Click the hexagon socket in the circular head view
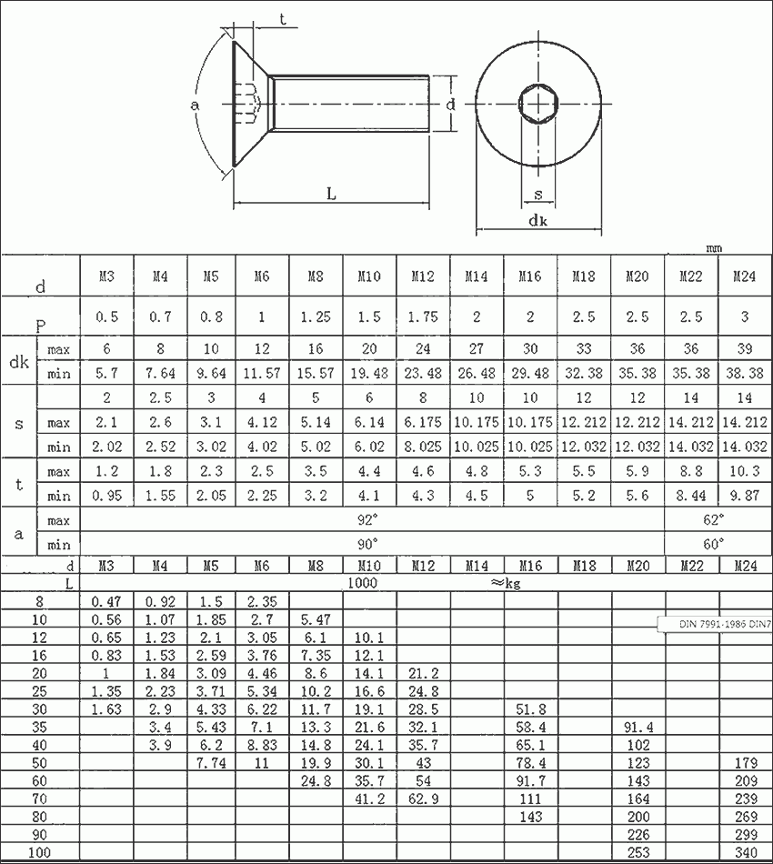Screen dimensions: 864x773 coord(537,105)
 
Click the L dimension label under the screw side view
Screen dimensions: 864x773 coord(331,194)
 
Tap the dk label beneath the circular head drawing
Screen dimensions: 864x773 coord(537,221)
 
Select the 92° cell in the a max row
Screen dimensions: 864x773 coord(368,520)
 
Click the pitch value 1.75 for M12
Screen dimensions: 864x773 coord(422,316)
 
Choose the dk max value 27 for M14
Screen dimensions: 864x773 coord(476,349)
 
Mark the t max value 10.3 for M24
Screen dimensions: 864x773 coord(744,471)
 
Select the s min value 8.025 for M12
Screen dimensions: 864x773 coord(422,447)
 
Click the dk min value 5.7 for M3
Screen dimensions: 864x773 coord(105,373)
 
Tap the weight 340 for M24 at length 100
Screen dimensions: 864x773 coord(744,853)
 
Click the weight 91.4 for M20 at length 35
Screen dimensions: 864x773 coord(637,728)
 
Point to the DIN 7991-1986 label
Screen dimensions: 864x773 coord(713,625)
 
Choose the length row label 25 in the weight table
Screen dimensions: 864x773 coord(39,691)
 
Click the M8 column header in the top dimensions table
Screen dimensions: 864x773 coord(316,276)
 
